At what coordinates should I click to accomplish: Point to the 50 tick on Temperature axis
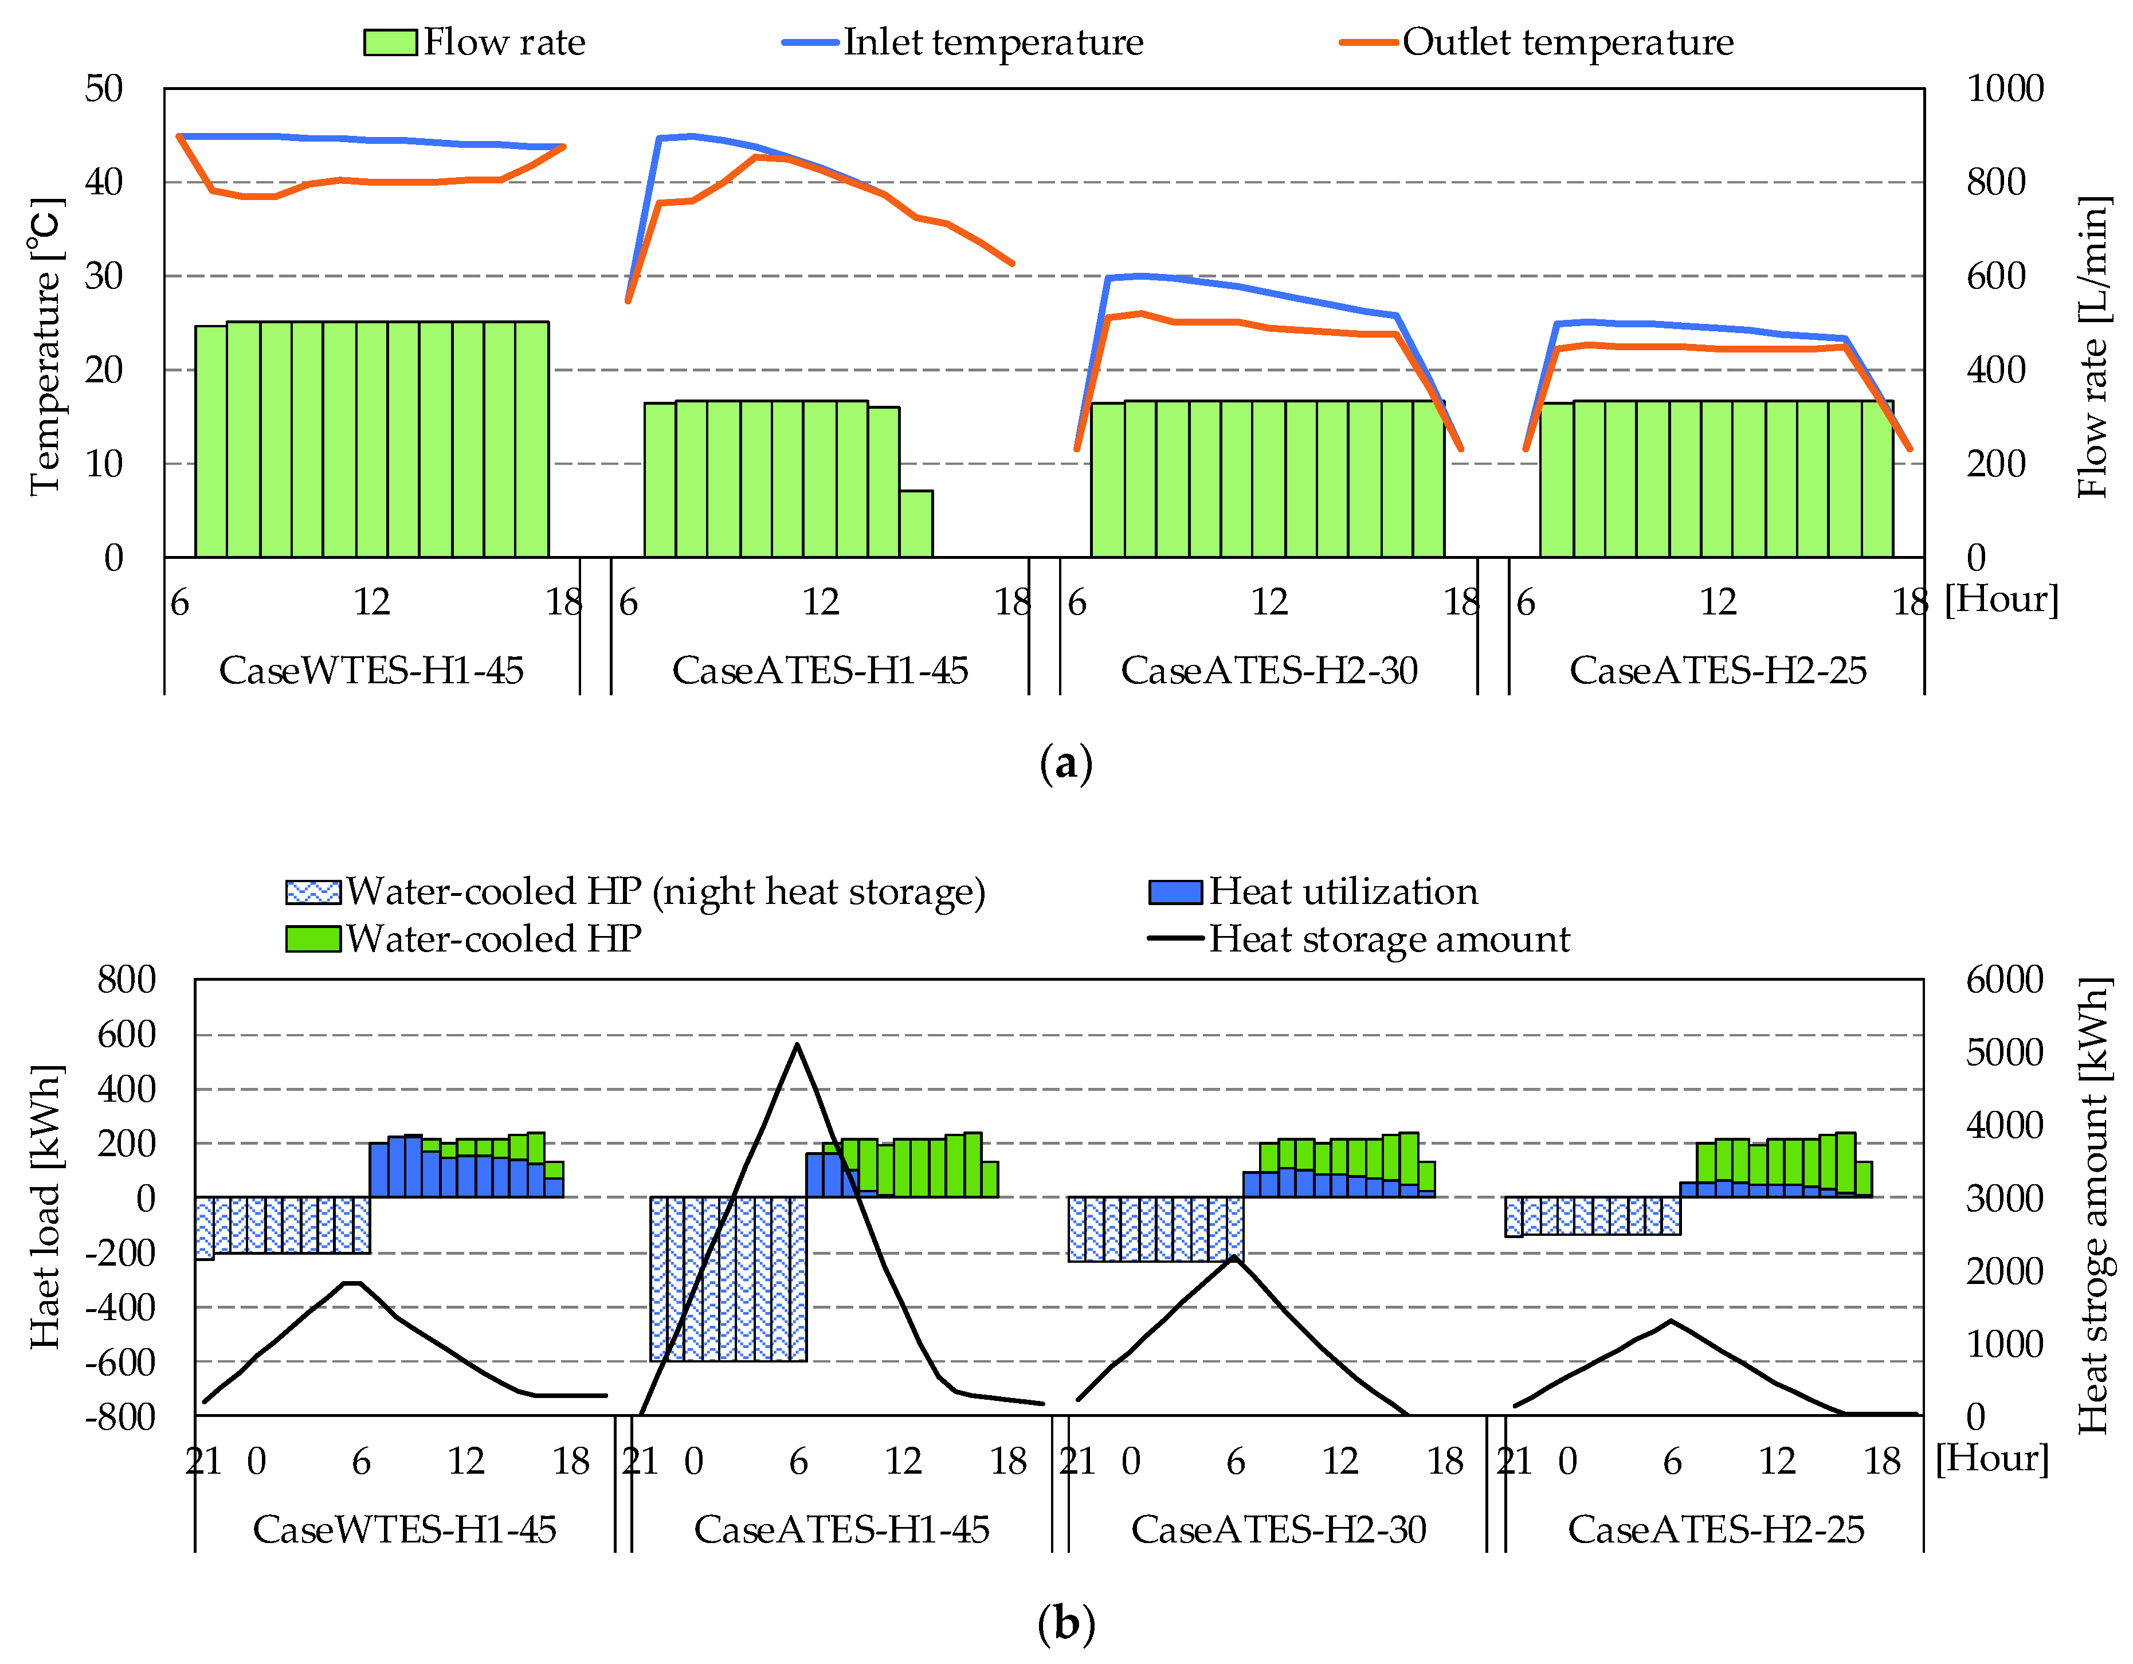[x=104, y=89]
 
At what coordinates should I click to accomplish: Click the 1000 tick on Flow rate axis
[x=2004, y=89]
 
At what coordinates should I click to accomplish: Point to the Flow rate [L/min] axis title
[x=2091, y=347]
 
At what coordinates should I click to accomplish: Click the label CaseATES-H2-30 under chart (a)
[x=1269, y=670]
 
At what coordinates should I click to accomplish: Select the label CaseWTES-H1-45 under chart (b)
[x=405, y=1529]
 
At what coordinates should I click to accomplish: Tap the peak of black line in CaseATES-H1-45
[x=798, y=1044]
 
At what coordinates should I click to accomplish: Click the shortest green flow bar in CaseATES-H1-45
[x=916, y=524]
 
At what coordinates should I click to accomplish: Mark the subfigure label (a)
[x=1065, y=763]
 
